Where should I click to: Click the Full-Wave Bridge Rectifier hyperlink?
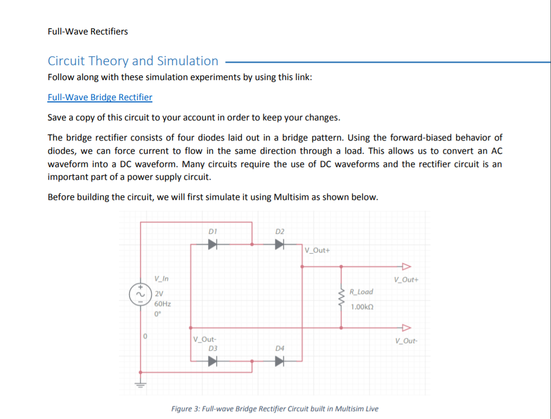point(100,98)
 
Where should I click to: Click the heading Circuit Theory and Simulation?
point(133,61)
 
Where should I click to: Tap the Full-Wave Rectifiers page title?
point(88,31)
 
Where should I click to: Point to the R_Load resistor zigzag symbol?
point(341,299)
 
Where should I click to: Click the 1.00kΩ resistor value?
point(362,307)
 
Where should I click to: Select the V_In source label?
point(161,280)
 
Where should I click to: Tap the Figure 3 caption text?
point(274,409)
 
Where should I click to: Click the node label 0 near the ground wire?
point(144,337)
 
